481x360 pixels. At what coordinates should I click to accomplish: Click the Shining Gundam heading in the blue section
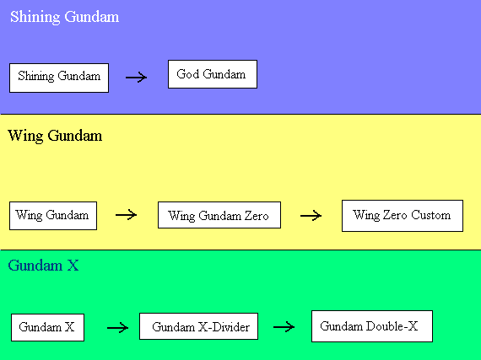coord(64,17)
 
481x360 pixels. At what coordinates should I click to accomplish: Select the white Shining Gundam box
coord(59,78)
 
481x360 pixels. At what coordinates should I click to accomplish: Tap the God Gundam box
coord(213,74)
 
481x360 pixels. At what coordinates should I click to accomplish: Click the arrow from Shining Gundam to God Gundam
coord(136,78)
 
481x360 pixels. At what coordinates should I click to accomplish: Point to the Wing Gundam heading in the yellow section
coord(55,136)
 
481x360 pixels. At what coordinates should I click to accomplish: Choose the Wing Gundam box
coord(53,216)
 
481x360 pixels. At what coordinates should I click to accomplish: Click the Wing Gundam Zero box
coord(219,215)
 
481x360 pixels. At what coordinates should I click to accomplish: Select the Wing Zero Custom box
coord(403,216)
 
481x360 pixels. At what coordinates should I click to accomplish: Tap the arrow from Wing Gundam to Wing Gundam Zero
coord(126,215)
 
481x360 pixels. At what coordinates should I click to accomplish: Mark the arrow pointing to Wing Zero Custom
coord(311,216)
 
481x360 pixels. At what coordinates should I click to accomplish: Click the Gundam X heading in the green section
coord(43,266)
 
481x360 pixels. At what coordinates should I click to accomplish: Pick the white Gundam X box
coord(47,327)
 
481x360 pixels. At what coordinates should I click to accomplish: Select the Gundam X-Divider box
coord(199,326)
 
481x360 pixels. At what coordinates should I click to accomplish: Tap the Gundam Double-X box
coord(372,326)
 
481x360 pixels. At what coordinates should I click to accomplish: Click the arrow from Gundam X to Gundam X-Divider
coord(117,328)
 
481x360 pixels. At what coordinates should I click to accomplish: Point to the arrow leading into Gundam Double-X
coord(284,327)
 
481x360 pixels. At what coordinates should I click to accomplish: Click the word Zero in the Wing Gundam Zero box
coord(257,216)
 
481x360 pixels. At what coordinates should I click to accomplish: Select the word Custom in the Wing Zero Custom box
coord(430,215)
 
